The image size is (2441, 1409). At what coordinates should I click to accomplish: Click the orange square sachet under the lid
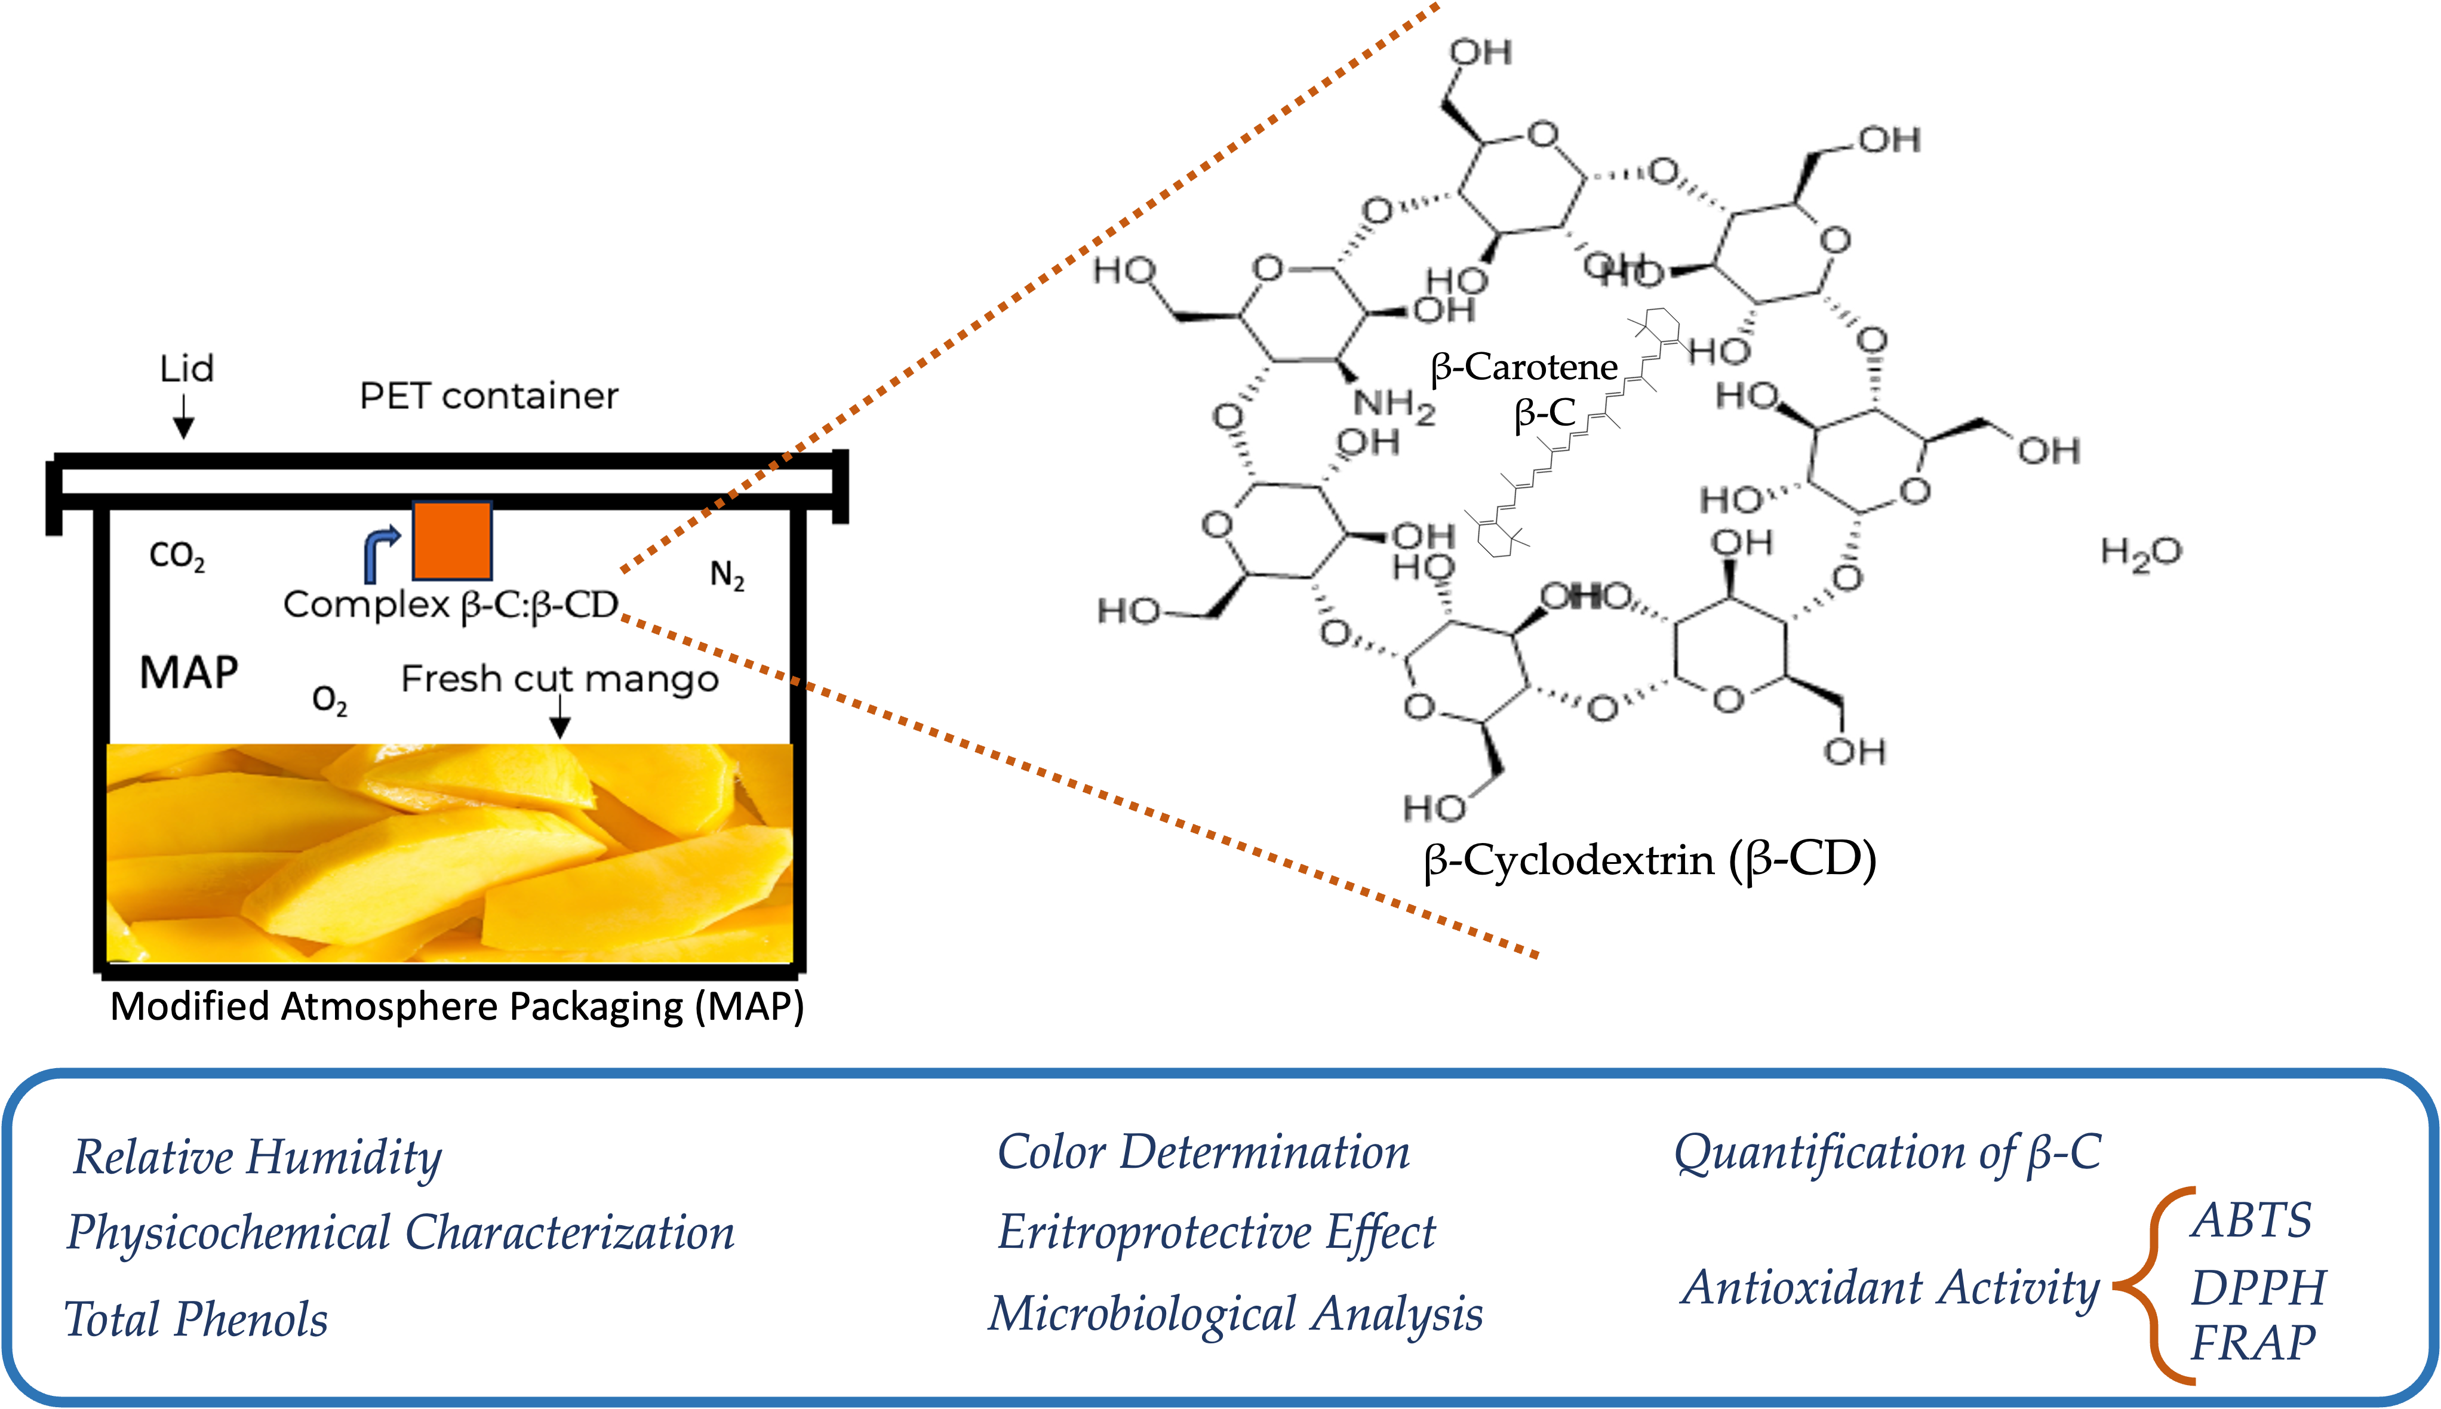point(452,540)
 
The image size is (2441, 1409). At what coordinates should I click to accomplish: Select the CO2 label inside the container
point(177,556)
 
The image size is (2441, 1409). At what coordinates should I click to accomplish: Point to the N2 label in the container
point(727,576)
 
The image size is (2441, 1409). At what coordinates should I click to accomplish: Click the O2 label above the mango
point(329,700)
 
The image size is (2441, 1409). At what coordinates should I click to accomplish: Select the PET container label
point(489,396)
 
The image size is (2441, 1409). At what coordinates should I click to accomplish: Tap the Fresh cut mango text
point(559,679)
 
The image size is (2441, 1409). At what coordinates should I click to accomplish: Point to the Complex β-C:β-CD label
point(450,605)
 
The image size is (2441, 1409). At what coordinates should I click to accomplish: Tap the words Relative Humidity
point(257,1158)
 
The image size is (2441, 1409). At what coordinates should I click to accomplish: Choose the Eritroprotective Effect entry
point(1217,1233)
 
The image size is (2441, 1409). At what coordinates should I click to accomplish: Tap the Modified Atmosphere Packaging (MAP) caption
point(457,1007)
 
